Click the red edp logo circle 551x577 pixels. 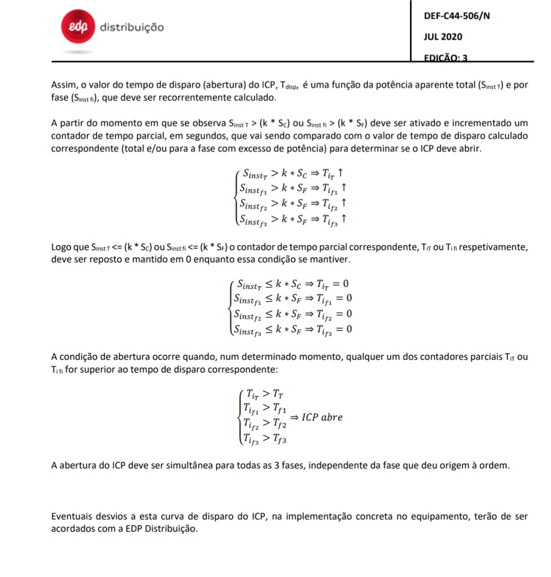78,26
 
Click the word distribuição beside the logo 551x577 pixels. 132,27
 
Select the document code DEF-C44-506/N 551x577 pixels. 457,16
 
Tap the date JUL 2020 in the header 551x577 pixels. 443,37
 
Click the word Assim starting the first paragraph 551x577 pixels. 64,85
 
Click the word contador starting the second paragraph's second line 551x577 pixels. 70,136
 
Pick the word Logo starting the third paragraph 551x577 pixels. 62,247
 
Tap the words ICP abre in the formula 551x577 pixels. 322,417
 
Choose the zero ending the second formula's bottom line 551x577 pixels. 349,329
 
